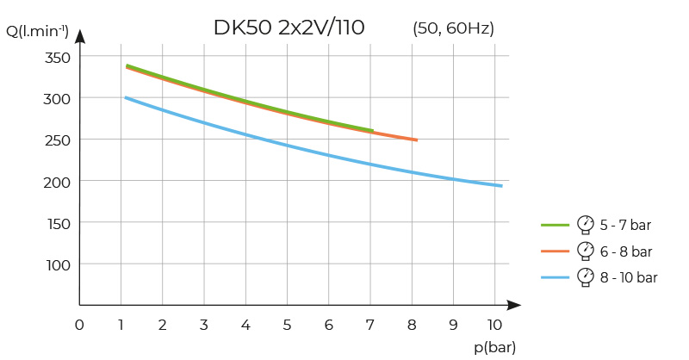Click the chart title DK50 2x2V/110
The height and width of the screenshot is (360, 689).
coord(289,28)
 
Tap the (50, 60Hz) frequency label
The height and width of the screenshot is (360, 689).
coord(454,28)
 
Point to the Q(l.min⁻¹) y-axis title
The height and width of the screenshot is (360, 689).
coord(37,33)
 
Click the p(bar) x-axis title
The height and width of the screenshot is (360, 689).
coord(494,346)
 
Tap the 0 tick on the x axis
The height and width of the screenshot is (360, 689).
coord(79,325)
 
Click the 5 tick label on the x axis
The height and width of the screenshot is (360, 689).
coord(287,325)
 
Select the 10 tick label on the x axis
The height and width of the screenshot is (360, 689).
coord(494,325)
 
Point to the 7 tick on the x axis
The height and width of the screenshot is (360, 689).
coord(370,325)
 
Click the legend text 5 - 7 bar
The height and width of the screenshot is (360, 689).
coord(626,226)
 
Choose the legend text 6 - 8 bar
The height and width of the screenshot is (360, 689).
coord(626,251)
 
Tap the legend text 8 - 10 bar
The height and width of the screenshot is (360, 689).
coord(630,277)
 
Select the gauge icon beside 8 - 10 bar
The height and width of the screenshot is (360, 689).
coord(586,276)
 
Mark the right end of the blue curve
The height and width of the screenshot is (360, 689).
coord(501,185)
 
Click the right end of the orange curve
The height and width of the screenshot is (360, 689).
coord(417,140)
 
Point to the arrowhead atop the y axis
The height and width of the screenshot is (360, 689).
coord(79,36)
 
